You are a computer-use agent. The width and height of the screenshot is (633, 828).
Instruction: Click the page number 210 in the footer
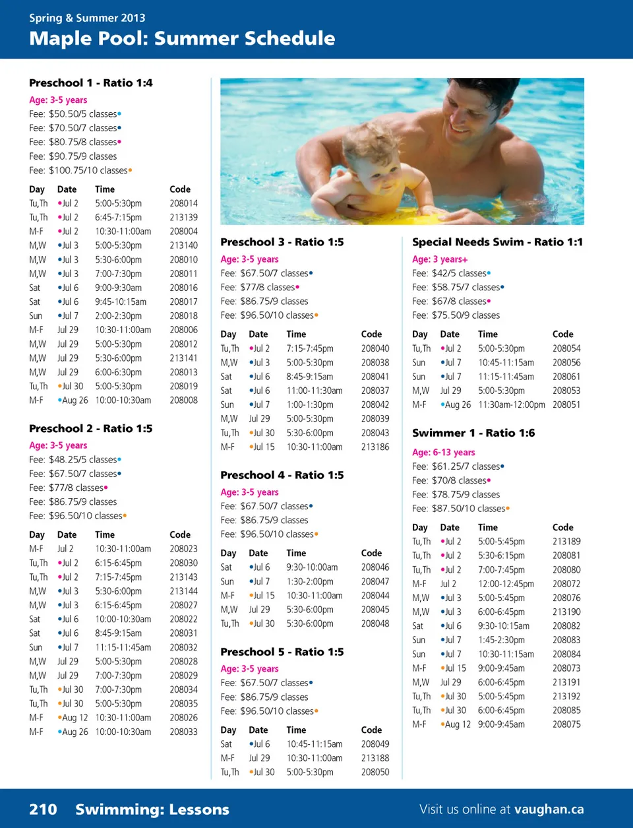(43, 810)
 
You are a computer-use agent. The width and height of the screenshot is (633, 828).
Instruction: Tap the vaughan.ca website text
(549, 810)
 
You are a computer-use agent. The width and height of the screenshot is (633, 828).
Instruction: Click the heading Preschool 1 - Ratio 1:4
(90, 83)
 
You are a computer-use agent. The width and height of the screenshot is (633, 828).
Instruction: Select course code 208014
(183, 203)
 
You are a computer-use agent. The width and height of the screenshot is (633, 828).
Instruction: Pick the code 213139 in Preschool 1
(183, 217)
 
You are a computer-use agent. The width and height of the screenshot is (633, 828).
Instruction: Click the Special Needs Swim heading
(497, 242)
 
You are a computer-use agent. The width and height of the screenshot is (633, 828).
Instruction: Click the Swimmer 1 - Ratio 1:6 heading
(473, 433)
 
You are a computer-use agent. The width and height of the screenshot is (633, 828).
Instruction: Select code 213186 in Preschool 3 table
(375, 447)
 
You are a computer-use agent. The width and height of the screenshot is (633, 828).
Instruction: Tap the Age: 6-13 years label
(443, 453)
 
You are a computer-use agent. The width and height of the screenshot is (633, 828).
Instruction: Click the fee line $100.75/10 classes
(80, 170)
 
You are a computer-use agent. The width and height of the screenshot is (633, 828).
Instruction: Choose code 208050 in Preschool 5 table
(375, 772)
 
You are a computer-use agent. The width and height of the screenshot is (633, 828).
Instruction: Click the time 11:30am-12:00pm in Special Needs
(512, 404)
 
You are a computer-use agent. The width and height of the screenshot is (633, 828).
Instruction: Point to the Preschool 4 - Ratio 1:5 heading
(282, 475)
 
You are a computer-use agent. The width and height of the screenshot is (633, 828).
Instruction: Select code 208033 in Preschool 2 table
(183, 732)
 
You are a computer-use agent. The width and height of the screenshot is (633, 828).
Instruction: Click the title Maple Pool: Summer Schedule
(182, 38)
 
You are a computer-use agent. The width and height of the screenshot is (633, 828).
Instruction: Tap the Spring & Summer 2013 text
(87, 18)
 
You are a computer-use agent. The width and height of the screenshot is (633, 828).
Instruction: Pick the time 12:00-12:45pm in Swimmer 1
(506, 584)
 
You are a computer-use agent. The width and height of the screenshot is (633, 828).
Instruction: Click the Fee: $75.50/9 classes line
(456, 315)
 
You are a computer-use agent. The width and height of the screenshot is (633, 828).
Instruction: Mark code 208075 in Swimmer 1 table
(566, 724)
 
